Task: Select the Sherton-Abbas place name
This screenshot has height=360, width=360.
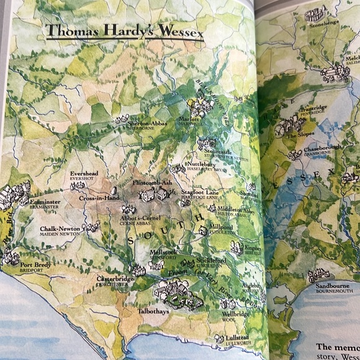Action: (x=147, y=124)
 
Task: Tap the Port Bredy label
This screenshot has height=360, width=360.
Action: (x=36, y=265)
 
